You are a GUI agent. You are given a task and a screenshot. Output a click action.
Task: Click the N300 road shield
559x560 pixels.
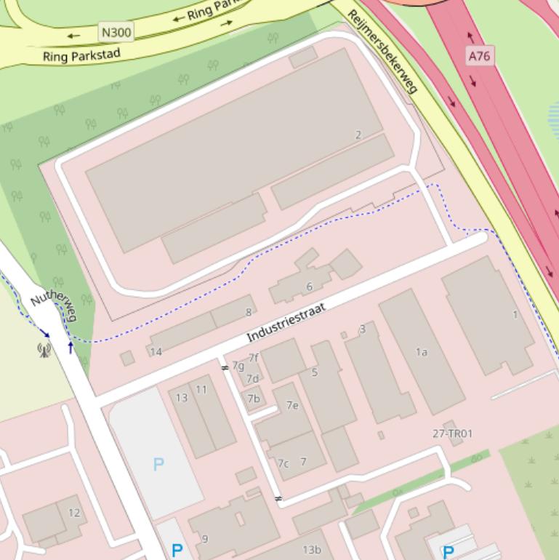coord(116,31)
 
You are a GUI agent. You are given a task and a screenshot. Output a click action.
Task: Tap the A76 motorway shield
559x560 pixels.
coord(479,55)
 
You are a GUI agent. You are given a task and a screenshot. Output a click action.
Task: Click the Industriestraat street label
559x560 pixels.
coord(286,323)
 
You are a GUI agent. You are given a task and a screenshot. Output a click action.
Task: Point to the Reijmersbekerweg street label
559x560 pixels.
coord(382,52)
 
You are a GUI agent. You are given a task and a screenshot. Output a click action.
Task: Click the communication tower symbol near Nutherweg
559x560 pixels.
coord(44,350)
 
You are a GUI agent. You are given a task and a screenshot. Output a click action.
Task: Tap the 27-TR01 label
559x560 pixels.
coord(452,433)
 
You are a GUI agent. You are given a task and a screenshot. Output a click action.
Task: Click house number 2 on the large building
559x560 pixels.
coord(358,135)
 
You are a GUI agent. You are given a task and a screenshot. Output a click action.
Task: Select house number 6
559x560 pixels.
coord(310,287)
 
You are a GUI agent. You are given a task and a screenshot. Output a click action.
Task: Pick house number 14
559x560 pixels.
coord(156,352)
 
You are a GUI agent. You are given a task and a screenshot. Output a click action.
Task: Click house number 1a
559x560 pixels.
coord(422,352)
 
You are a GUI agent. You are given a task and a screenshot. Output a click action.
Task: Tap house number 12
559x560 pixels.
coord(74,513)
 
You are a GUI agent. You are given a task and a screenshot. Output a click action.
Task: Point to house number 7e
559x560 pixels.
coord(292,405)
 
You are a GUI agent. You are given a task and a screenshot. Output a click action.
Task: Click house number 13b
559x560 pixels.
coord(312,550)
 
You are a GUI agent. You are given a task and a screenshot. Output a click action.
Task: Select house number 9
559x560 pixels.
coord(205,539)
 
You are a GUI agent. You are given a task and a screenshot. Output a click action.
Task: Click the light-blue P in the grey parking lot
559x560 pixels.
coord(158,464)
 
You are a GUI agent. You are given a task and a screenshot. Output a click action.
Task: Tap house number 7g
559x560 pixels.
coord(238,365)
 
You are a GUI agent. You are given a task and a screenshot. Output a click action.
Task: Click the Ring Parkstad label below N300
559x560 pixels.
coord(81,55)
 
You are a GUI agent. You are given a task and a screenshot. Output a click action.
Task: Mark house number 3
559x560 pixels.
coord(362,329)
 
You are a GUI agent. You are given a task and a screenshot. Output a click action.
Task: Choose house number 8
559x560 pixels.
coord(249,312)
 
